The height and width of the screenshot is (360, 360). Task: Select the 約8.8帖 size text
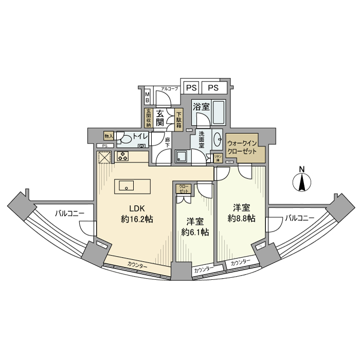click(241, 218)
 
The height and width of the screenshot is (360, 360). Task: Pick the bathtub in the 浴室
click(218, 114)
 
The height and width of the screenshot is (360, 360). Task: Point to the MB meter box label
click(148, 97)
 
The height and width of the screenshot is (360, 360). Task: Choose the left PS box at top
click(191, 87)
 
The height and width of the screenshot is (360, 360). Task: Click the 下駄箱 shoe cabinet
click(179, 120)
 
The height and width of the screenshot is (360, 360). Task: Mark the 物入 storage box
click(109, 136)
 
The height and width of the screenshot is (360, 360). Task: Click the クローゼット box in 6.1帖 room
click(184, 188)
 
